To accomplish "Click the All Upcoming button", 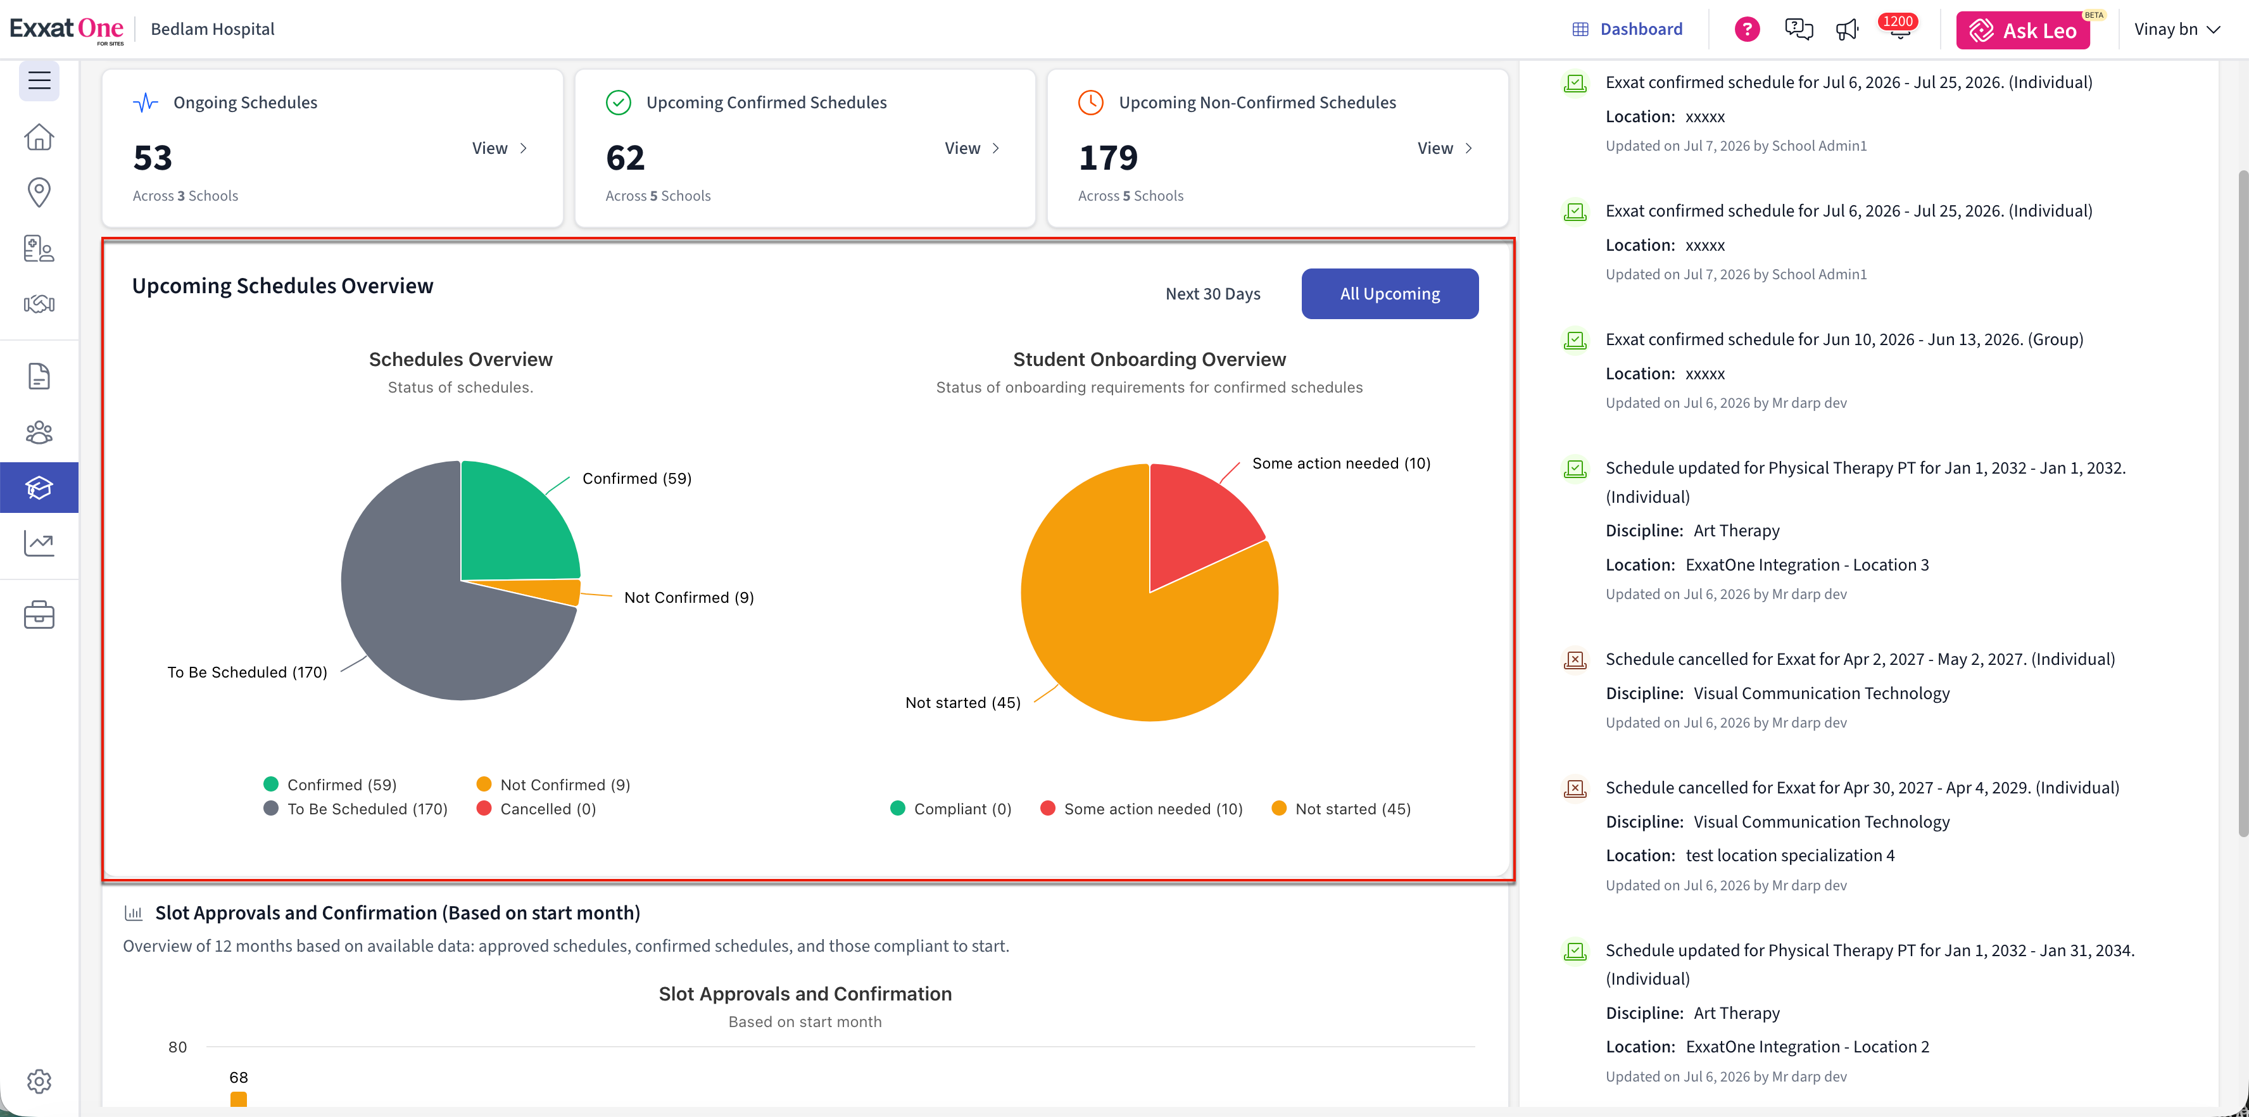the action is pyautogui.click(x=1390, y=293).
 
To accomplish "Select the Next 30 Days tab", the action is pyautogui.click(x=1213, y=293).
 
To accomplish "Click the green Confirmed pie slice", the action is pyautogui.click(x=515, y=524).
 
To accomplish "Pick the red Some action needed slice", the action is pyautogui.click(x=1196, y=524).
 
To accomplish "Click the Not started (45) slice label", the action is pyautogui.click(x=963, y=702).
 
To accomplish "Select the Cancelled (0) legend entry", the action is pyautogui.click(x=536, y=809).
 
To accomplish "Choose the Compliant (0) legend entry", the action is pyautogui.click(x=951, y=809).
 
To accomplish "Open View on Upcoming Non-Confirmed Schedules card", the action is pyautogui.click(x=1445, y=148).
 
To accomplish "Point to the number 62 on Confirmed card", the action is pyautogui.click(x=625, y=158).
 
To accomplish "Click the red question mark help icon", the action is pyautogui.click(x=1746, y=29).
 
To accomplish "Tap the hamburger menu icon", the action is pyautogui.click(x=39, y=80).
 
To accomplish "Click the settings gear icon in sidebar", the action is pyautogui.click(x=39, y=1081).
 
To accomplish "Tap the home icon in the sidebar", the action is pyautogui.click(x=39, y=137).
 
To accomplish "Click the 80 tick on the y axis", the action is pyautogui.click(x=177, y=1047).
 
